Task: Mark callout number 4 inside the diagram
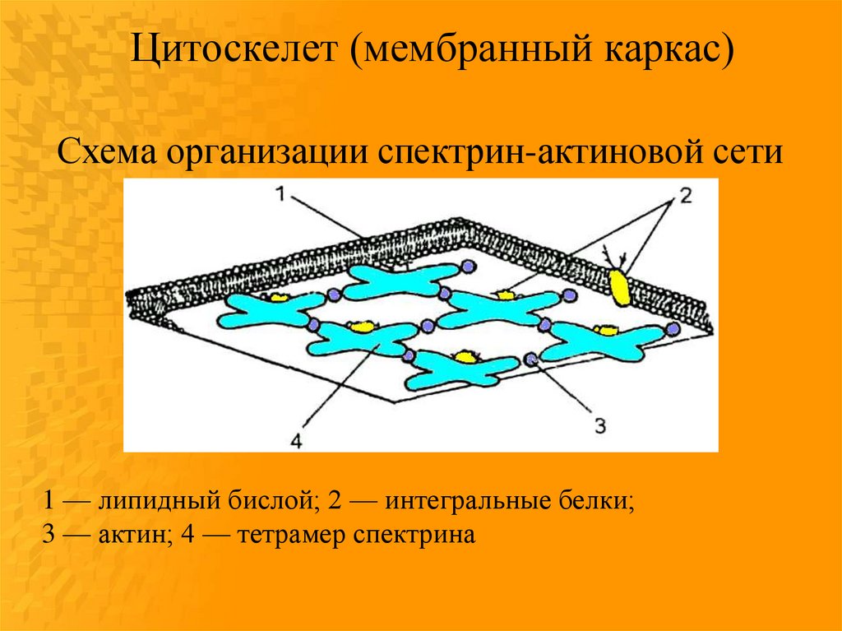pyautogui.click(x=296, y=441)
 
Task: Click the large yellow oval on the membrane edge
pyautogui.click(x=619, y=285)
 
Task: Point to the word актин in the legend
pyautogui.click(x=135, y=535)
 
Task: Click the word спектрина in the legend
pyautogui.click(x=414, y=536)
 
